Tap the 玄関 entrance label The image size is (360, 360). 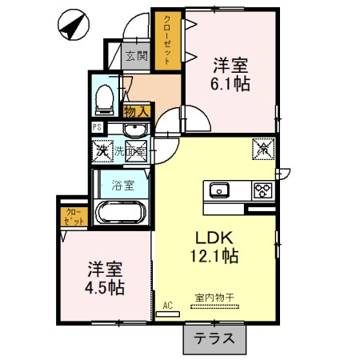coord(137,56)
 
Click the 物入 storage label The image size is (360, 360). coord(135,111)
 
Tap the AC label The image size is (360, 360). coord(168,305)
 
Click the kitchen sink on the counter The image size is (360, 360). coord(219,190)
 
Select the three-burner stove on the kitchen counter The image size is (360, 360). coord(262,190)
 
